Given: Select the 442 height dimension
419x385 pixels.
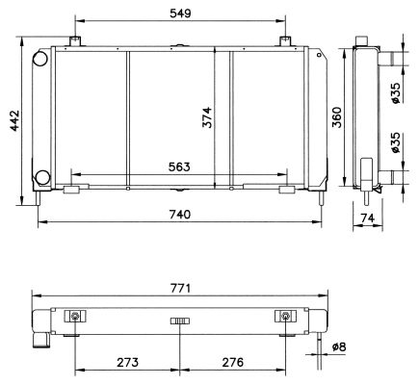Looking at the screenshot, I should (x=12, y=122).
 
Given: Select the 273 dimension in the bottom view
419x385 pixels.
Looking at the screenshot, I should (x=128, y=362).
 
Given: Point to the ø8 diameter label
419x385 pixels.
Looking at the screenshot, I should (x=337, y=346).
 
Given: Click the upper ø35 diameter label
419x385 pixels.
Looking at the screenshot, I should (x=397, y=92).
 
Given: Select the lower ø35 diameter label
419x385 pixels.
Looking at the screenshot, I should (x=397, y=144).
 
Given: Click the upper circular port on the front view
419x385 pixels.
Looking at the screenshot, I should (x=41, y=59).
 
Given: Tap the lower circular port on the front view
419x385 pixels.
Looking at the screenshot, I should (x=41, y=178).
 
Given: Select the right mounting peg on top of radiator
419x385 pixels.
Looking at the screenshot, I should (x=286, y=40).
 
